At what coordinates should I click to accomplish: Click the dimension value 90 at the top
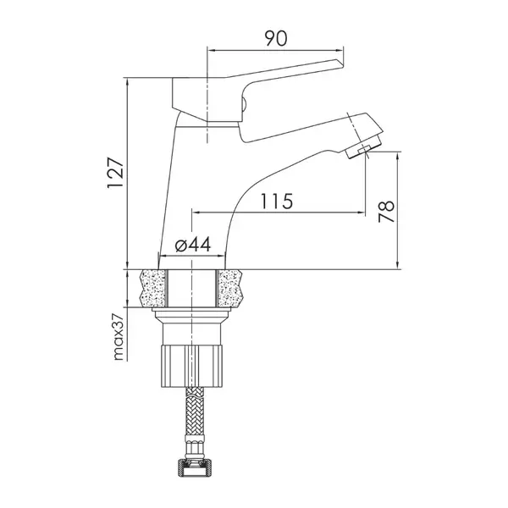[276, 38]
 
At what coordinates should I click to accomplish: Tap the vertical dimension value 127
[116, 173]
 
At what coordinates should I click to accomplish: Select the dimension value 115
[277, 202]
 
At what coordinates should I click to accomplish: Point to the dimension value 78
[387, 211]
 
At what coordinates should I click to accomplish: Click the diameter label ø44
[193, 245]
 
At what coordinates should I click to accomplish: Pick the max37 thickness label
[119, 337]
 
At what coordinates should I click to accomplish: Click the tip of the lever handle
[341, 63]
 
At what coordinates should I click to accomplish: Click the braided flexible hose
[195, 412]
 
